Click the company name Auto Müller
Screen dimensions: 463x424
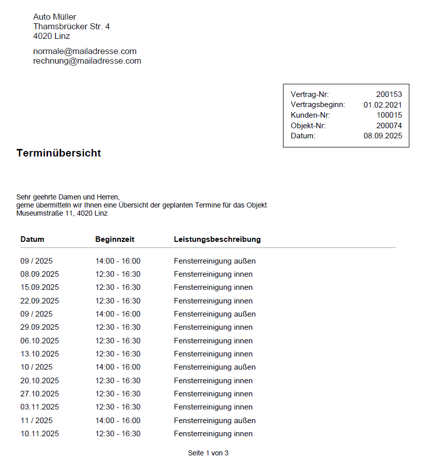pos(55,17)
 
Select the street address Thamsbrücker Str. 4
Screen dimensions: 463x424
pos(71,26)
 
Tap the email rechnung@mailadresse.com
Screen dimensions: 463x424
pos(87,61)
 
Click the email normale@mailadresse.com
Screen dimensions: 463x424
pos(85,52)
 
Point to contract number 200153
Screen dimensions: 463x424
pos(389,94)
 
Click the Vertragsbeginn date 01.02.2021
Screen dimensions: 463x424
pos(383,105)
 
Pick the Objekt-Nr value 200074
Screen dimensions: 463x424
pos(389,126)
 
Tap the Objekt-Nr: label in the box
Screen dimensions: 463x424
pos(308,126)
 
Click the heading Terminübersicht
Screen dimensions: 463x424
pos(59,153)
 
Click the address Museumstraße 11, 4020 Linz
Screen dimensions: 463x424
pos(62,213)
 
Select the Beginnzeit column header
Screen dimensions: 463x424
pos(115,239)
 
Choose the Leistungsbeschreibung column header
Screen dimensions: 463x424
pos(217,239)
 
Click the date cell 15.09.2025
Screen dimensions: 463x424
pos(39,287)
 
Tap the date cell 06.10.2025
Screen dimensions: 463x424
pos(39,341)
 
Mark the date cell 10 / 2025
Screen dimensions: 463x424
pos(36,367)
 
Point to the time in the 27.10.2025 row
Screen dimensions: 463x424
pos(118,394)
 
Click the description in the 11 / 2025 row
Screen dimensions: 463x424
pos(215,421)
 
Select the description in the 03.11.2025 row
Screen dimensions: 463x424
pos(213,407)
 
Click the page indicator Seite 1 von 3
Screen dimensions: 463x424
pos(208,453)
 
